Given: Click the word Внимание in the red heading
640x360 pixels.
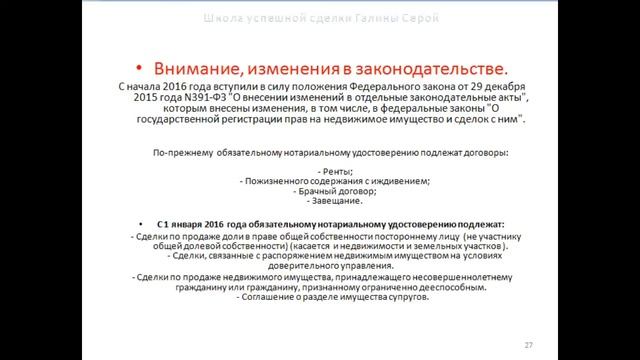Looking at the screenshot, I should click(195, 67).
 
